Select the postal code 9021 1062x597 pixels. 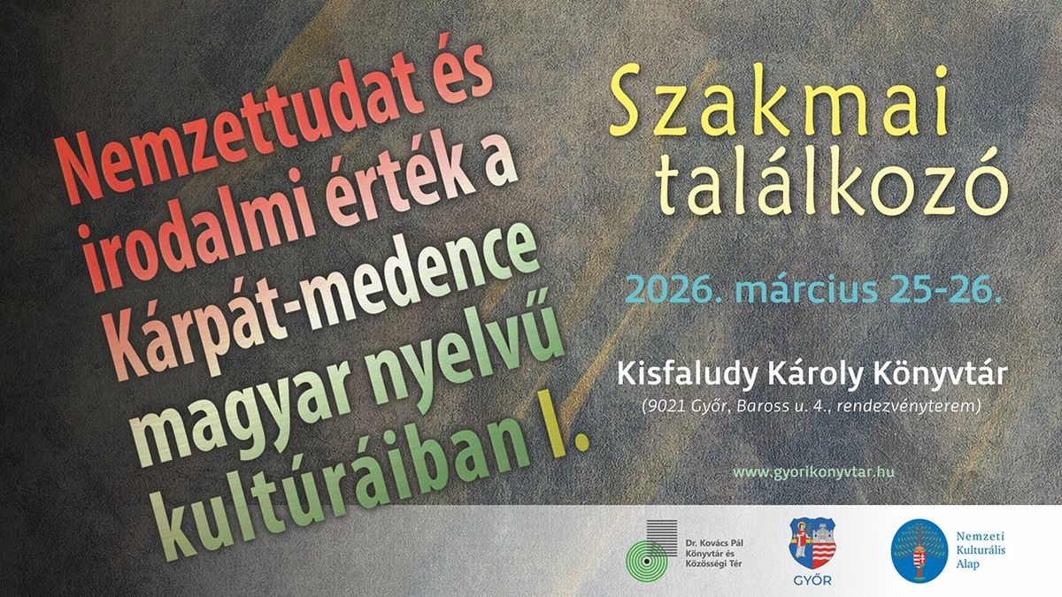[663, 406]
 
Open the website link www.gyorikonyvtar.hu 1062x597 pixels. [813, 472]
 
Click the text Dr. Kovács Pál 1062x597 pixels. [714, 543]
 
